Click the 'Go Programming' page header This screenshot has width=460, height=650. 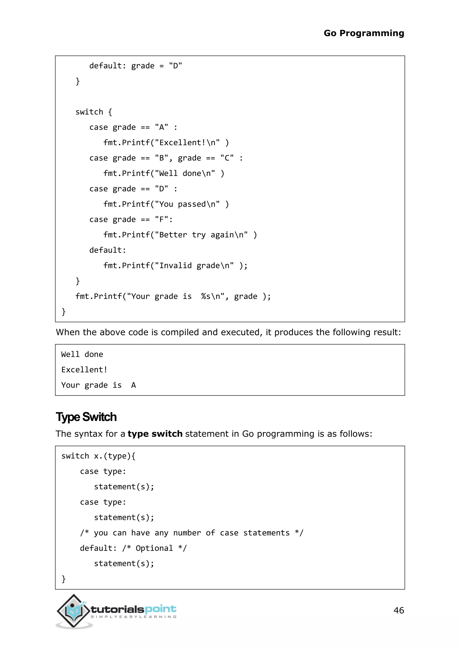(364, 33)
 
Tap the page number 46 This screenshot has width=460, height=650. (398, 610)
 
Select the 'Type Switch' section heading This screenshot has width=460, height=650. (86, 417)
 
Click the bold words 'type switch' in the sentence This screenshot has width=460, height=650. (155, 434)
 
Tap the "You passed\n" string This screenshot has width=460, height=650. (187, 204)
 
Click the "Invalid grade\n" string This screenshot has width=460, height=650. (194, 266)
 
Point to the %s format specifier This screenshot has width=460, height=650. (206, 296)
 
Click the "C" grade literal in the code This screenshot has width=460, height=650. (227, 158)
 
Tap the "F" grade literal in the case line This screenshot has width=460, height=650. (162, 220)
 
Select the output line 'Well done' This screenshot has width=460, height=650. (82, 354)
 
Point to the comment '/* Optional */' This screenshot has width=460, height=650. (154, 548)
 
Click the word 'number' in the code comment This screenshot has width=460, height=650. (187, 533)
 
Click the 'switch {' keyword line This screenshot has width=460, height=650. (94, 112)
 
